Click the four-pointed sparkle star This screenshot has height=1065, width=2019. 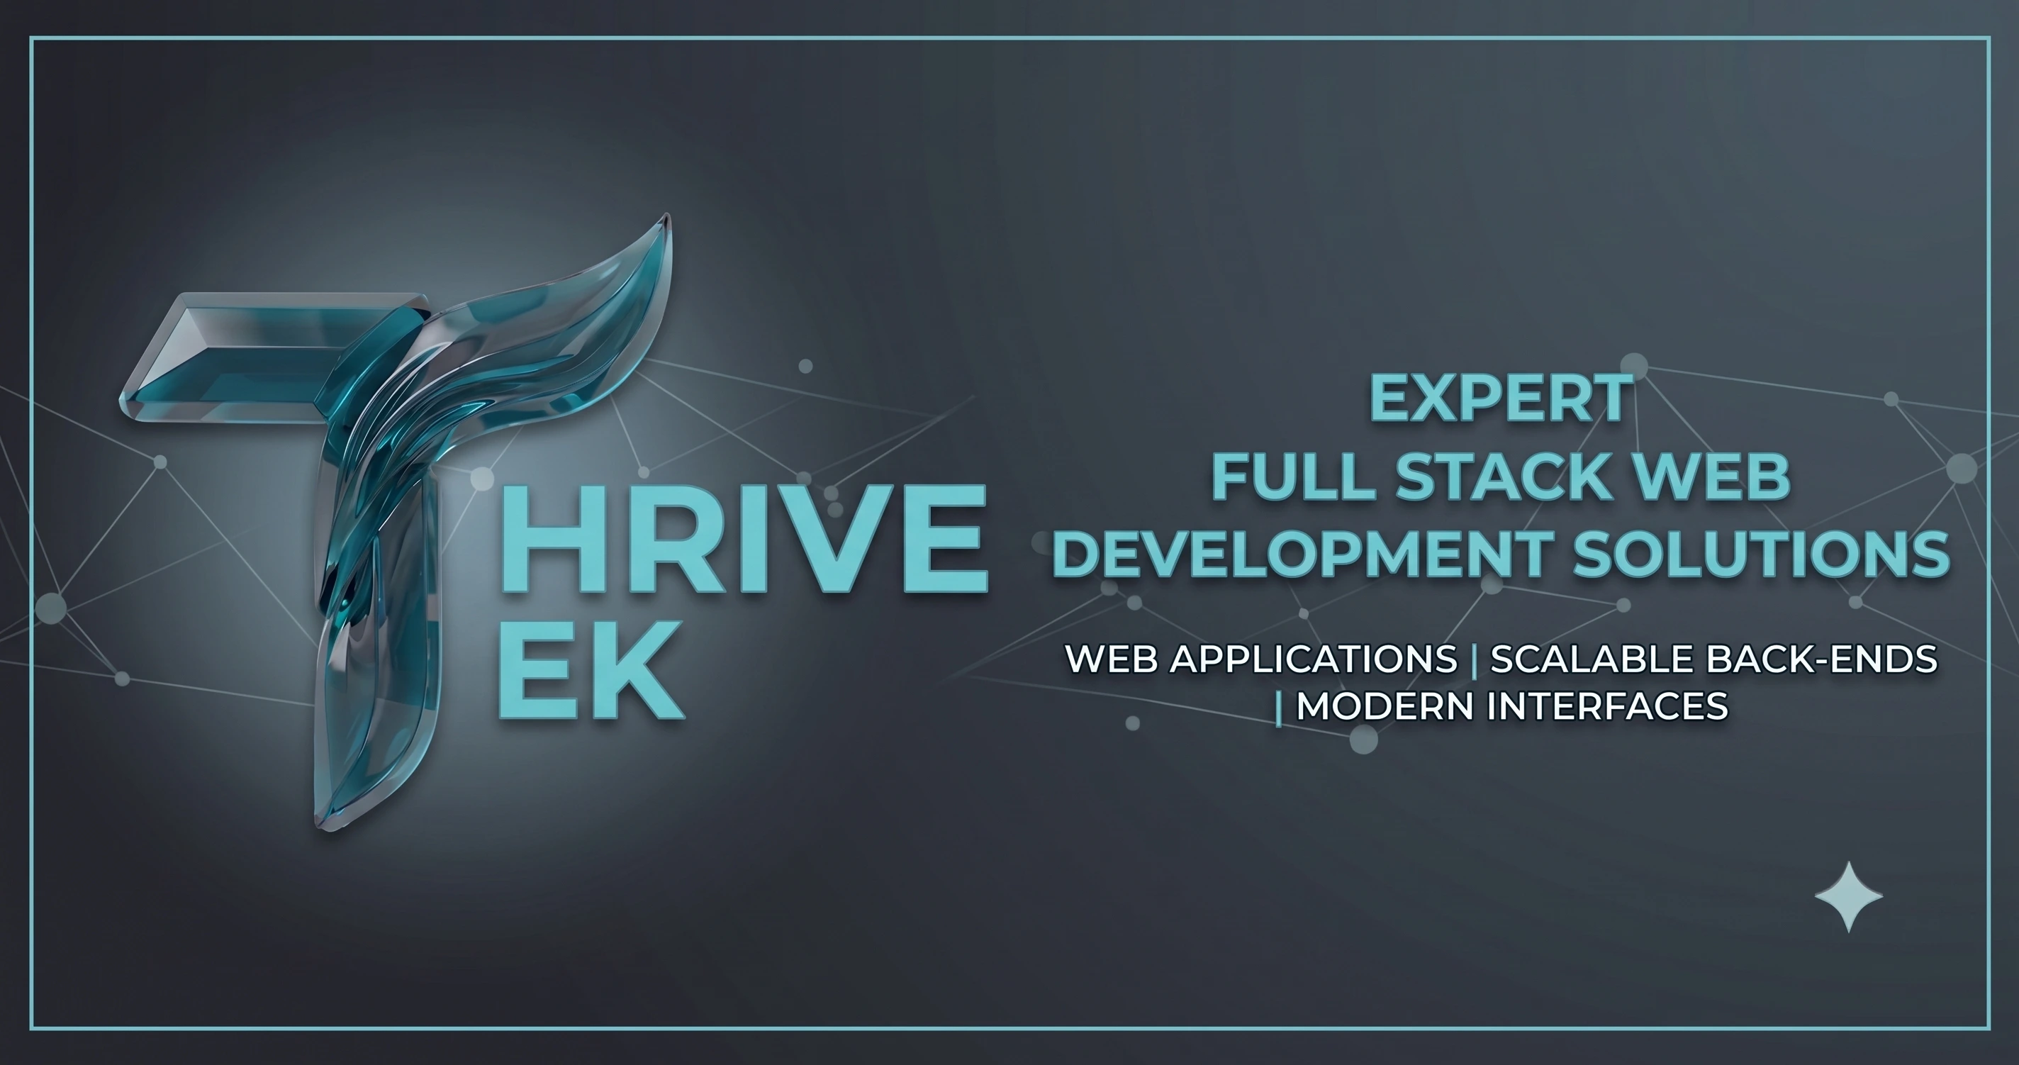[x=1849, y=897]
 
